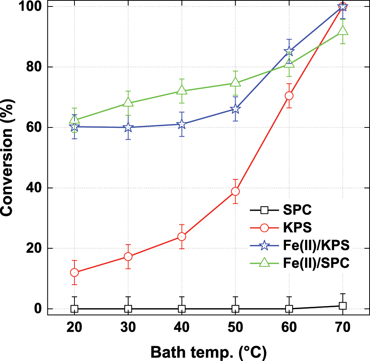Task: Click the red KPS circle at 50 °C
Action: [235, 191]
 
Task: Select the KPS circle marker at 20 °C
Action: [74, 272]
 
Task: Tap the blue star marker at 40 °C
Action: [182, 124]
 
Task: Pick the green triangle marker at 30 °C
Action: [128, 103]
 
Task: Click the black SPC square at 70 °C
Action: [343, 306]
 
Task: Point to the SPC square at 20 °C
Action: [74, 308]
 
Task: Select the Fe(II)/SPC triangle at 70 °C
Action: [343, 31]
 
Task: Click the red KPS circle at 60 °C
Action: [289, 95]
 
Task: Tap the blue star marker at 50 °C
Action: [235, 109]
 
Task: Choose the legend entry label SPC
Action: [295, 210]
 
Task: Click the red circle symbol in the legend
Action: [264, 228]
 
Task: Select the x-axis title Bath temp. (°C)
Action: [208, 352]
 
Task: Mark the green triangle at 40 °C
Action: [182, 91]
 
